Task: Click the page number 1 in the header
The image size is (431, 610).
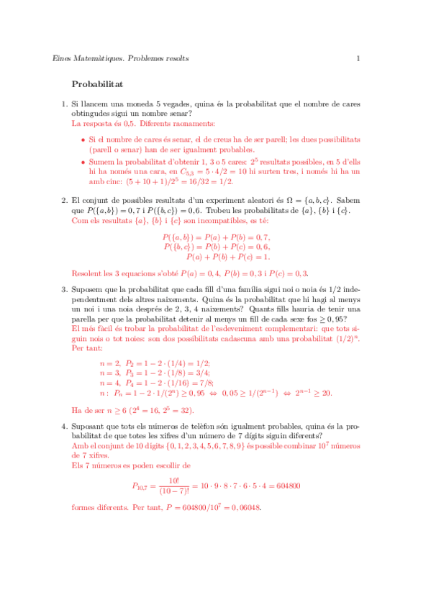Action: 358,58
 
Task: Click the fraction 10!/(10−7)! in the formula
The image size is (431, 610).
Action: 173,486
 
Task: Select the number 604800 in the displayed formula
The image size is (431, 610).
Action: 285,486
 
